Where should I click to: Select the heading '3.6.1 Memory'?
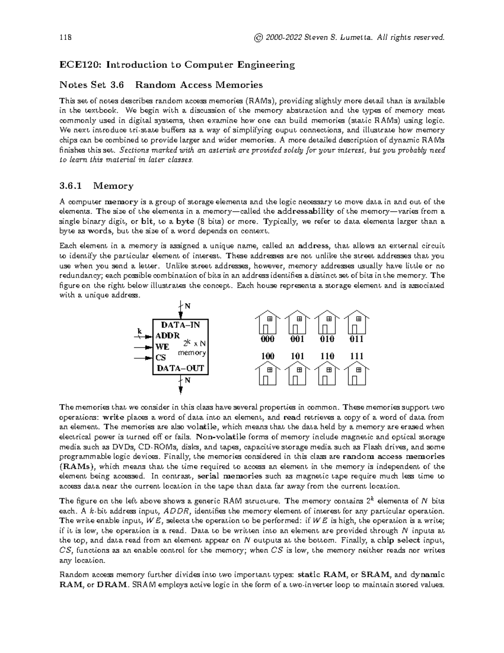click(x=97, y=186)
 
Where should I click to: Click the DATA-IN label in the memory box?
click(x=181, y=325)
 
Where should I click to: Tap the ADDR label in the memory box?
click(x=167, y=336)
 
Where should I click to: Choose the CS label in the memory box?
click(x=160, y=358)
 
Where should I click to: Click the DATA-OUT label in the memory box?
click(x=180, y=368)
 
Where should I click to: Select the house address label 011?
click(x=357, y=339)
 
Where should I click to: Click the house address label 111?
click(x=357, y=357)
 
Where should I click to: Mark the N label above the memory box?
click(x=188, y=306)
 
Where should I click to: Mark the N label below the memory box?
click(x=188, y=381)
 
